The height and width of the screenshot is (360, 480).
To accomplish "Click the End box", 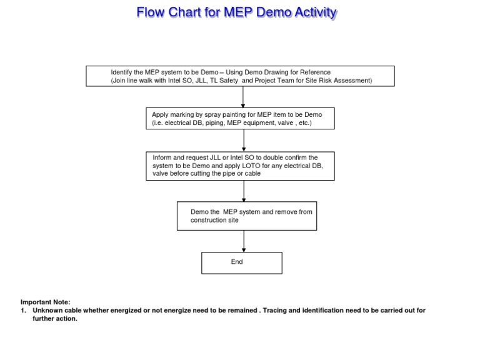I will click(241, 262).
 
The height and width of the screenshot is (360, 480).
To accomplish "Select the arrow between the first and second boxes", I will click(243, 96).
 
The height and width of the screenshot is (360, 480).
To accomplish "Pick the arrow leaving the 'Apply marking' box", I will click(243, 141).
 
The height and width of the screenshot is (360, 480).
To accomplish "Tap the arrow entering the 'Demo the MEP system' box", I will click(243, 191).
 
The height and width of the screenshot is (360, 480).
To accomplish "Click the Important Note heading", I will click(46, 301).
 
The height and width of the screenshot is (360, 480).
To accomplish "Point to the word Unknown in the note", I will click(47, 310).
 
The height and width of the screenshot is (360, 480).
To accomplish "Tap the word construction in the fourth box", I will click(210, 221).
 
